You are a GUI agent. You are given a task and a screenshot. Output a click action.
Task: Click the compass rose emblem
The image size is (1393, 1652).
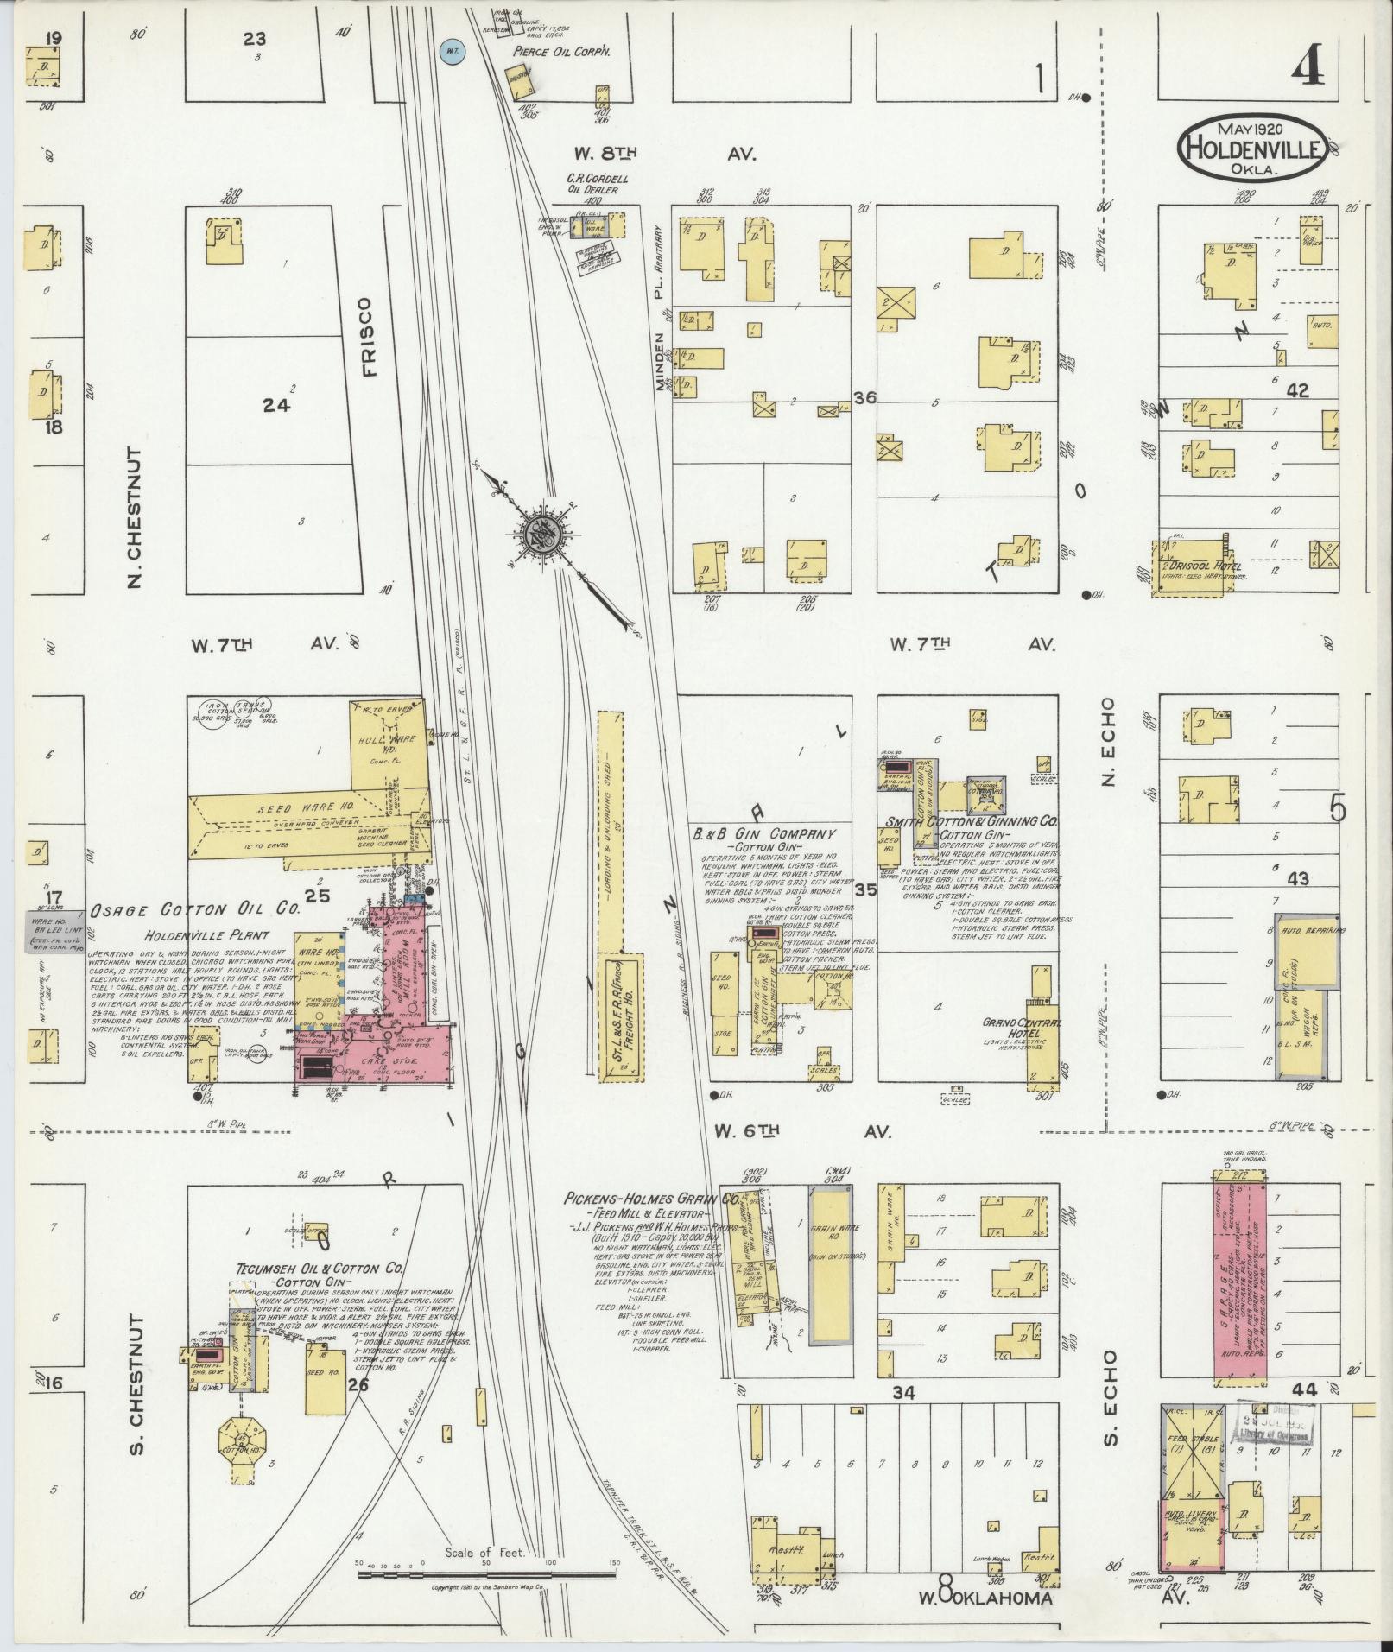pos(541,538)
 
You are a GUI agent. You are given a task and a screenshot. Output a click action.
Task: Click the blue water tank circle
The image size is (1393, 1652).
pos(451,52)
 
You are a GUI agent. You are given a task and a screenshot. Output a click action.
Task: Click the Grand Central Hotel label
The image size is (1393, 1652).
pos(1022,1029)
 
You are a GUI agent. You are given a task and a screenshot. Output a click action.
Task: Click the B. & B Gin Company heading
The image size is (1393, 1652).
pos(763,834)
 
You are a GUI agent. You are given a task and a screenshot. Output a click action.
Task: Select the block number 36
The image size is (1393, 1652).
pos(864,397)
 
